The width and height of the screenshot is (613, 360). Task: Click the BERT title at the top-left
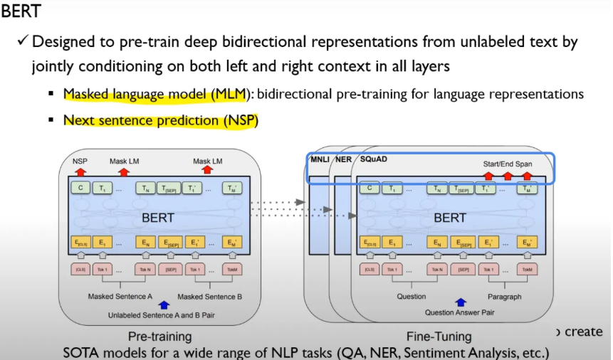tap(21, 12)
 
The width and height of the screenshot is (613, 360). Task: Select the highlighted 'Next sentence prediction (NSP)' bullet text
tap(160, 120)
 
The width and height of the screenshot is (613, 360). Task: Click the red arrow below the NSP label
tap(80, 171)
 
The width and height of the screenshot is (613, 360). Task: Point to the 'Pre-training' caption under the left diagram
tap(159, 336)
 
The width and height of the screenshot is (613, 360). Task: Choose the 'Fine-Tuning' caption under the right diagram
tap(439, 336)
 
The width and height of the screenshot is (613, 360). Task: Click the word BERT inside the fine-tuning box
tap(449, 218)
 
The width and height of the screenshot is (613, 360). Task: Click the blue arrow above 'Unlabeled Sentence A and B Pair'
tap(165, 304)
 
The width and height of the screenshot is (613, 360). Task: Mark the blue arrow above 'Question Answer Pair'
tap(460, 302)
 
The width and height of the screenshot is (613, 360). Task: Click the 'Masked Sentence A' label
tap(120, 296)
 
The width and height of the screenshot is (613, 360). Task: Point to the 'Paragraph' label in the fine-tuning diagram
tap(506, 296)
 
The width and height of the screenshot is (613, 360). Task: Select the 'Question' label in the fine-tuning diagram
tap(411, 296)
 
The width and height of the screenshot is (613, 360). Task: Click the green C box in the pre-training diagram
tap(80, 188)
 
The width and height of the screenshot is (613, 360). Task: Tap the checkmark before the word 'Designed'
tap(23, 41)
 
